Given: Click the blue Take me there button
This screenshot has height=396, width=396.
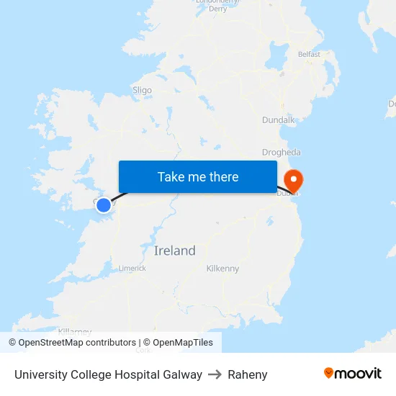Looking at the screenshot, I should [198, 177].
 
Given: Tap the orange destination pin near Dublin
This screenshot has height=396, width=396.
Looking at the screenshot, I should [294, 180].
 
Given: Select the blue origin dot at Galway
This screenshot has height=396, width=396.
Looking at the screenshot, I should [104, 205].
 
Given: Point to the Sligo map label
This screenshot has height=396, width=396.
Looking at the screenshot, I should [142, 90].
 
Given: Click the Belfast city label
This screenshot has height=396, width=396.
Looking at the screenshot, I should [309, 54].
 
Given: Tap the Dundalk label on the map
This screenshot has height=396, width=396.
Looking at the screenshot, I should [279, 120].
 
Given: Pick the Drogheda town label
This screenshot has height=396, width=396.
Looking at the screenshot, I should [282, 153].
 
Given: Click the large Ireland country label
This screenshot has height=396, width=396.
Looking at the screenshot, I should [175, 251].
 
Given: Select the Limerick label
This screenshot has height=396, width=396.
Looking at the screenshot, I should [132, 268].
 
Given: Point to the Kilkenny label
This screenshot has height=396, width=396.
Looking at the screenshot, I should [222, 269].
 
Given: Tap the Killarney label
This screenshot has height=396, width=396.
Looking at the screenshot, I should [75, 331].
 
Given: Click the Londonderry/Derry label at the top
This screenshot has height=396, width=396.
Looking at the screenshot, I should [217, 5].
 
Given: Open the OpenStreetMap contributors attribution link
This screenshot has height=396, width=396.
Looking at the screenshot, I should [73, 343].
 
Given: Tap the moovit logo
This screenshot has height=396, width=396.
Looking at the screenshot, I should [352, 373].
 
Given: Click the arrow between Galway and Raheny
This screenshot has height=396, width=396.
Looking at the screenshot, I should [215, 374].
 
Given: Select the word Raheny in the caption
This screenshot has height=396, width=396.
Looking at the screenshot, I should [247, 374].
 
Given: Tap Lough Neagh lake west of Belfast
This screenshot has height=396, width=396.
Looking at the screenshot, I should [278, 53].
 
